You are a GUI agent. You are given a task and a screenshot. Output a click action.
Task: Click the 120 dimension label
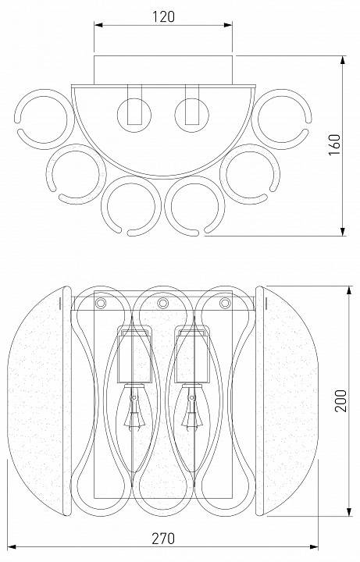(163, 16)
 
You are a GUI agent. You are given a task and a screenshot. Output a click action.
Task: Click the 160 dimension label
(334, 144)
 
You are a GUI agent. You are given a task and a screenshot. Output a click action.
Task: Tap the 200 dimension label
(340, 400)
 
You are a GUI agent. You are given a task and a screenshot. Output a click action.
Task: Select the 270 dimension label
(163, 539)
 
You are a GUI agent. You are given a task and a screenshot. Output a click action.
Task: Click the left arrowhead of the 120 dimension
(98, 25)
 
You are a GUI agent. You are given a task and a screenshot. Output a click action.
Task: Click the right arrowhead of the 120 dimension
(228, 25)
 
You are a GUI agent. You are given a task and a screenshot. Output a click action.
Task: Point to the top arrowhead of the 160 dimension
(343, 60)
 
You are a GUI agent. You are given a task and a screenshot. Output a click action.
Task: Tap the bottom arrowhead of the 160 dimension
(343, 232)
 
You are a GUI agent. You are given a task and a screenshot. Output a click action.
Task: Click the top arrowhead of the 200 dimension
(349, 290)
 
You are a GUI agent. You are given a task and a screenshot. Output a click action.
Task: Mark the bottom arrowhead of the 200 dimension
(349, 511)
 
